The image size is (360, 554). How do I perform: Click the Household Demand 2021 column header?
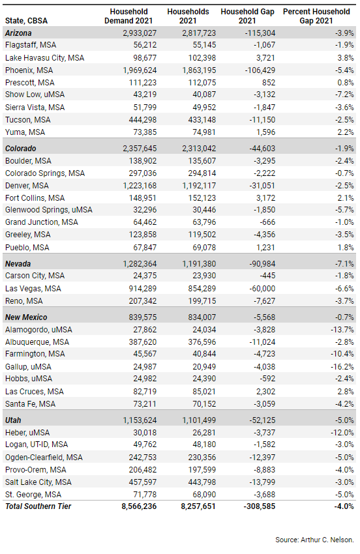coord(128,16)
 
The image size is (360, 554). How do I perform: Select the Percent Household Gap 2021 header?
coord(316,16)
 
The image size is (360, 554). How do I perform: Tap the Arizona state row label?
coord(18,33)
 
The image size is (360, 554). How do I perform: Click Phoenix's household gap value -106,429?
coord(260,70)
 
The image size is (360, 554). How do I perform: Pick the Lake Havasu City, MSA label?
coord(44,58)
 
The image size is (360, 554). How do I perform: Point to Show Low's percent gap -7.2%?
coord(344,95)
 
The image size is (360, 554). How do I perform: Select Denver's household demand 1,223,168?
coord(140,186)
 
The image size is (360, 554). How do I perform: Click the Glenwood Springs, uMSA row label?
coord(49,210)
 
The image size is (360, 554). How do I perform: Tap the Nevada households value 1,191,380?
coord(199,264)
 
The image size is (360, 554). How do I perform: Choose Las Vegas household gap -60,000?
coord(262,289)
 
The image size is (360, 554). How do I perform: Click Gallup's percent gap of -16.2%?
coord(342,367)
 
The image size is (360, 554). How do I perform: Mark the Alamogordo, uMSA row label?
coord(38,330)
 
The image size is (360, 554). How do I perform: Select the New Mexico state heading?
coord(26,317)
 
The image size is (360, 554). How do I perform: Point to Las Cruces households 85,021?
coord(204,392)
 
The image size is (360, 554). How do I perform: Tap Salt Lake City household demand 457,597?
coord(143,482)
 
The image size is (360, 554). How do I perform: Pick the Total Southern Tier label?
coord(38,506)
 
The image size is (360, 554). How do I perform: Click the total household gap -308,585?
coord(259,506)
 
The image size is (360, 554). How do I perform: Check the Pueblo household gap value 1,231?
coord(265,248)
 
